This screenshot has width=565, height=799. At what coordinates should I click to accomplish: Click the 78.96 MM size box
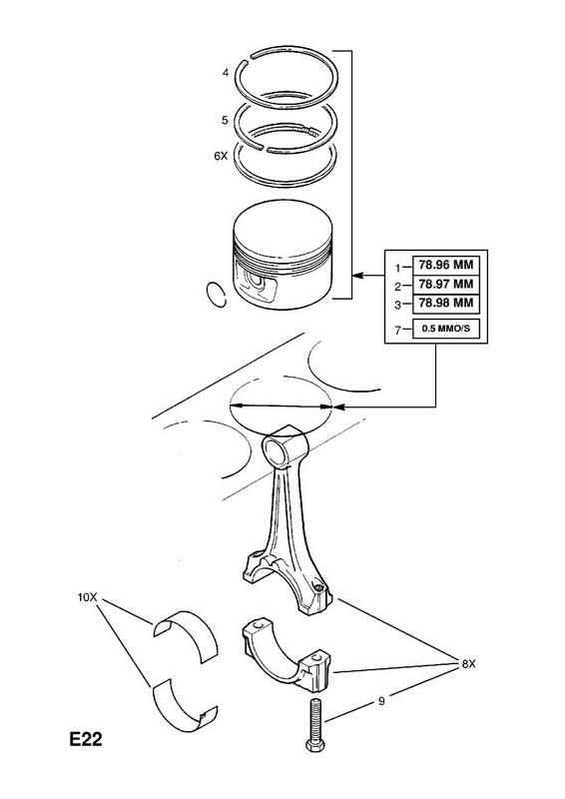[x=445, y=265]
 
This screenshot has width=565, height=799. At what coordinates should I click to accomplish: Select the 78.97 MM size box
[x=445, y=285]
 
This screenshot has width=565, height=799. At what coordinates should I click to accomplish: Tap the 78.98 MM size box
[x=445, y=304]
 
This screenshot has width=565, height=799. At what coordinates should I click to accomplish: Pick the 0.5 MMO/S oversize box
[x=446, y=329]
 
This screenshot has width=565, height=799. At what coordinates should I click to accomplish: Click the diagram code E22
[x=86, y=739]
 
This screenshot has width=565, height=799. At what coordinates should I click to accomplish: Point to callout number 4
[x=226, y=73]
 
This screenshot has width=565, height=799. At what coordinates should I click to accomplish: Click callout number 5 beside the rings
[x=225, y=120]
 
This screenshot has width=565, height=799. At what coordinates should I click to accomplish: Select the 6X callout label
[x=221, y=157]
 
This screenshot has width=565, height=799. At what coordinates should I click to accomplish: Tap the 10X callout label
[x=87, y=596]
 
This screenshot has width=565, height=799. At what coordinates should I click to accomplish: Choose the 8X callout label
[x=469, y=664]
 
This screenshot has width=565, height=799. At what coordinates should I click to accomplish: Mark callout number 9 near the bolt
[x=381, y=701]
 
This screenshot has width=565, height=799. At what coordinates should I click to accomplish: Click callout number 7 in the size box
[x=398, y=330]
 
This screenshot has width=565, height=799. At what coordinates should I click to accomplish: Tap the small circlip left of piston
[x=216, y=294]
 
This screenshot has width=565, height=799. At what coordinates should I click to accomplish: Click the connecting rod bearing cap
[x=285, y=656]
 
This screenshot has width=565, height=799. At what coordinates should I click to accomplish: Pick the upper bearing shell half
[x=187, y=635]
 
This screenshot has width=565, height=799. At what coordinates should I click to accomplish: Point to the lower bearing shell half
[x=186, y=705]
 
